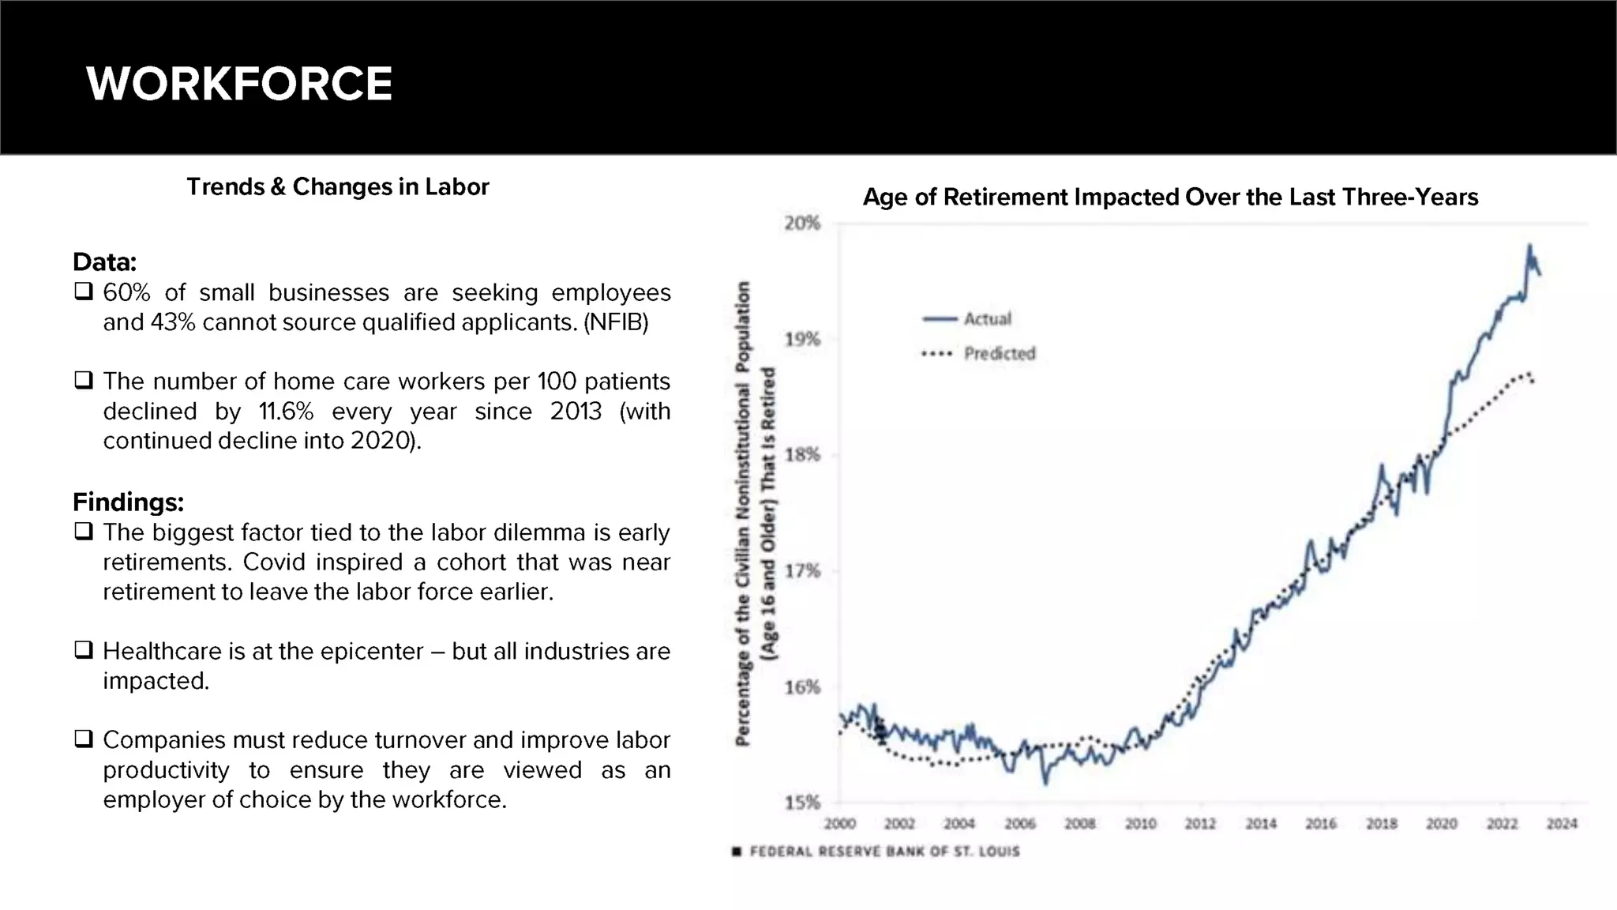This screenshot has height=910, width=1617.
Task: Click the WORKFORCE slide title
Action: tap(239, 84)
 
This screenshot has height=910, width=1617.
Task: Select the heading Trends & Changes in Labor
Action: tap(338, 187)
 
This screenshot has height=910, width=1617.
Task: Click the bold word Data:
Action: tap(104, 261)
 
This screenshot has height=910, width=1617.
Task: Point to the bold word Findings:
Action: tap(128, 502)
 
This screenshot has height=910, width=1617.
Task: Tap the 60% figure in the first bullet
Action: tap(126, 292)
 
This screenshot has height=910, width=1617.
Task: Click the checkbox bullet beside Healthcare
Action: tap(83, 649)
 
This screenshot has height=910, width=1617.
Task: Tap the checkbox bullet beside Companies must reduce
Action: tap(83, 739)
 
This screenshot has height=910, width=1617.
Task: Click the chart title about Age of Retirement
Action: tap(1170, 197)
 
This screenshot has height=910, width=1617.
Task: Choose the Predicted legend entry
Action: tap(978, 353)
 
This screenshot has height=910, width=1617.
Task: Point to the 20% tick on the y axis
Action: tap(802, 224)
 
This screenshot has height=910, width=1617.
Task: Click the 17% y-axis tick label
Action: tap(802, 571)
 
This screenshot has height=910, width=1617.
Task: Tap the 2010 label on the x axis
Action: tap(1140, 824)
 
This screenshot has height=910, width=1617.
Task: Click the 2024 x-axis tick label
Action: tap(1562, 824)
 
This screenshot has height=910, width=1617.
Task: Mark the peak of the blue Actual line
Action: tap(1529, 246)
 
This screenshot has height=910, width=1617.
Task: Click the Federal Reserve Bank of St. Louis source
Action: tap(876, 852)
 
